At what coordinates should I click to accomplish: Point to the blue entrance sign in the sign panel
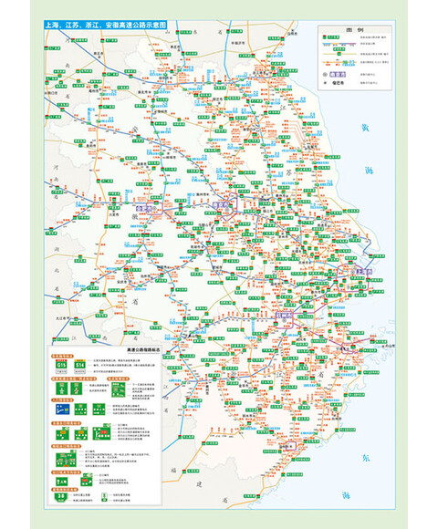point(61,410)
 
